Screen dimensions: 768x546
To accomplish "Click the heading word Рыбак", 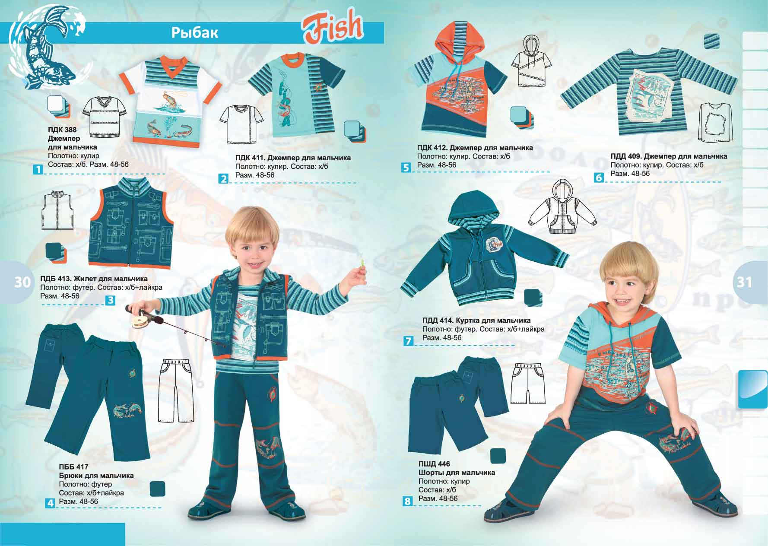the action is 195,33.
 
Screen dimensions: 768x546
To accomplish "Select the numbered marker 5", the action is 405,168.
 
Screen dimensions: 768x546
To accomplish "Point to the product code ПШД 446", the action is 434,464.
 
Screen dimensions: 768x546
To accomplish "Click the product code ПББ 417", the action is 73,467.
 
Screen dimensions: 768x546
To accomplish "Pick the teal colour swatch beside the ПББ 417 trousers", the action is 157,489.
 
